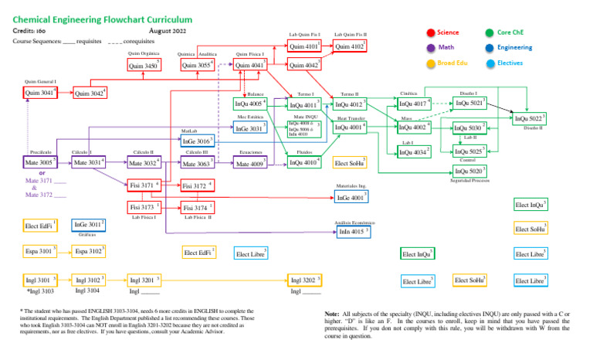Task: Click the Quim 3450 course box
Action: point(144,66)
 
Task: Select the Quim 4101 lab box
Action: point(304,46)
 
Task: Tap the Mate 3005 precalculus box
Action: point(39,163)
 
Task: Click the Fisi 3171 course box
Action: point(145,185)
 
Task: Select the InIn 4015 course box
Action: point(355,231)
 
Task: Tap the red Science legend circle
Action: point(430,32)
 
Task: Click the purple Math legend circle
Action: point(430,47)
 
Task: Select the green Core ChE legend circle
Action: point(490,32)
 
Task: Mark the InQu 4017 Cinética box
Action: point(415,104)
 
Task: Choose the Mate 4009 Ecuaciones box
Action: point(251,164)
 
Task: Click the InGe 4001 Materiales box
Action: point(350,199)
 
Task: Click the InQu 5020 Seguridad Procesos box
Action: point(470,171)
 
